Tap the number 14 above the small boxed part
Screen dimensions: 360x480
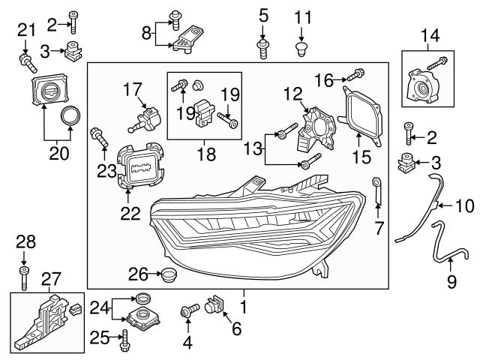(430, 34)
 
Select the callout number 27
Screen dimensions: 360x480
(49, 280)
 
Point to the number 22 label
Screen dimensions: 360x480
(130, 214)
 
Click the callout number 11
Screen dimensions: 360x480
(301, 16)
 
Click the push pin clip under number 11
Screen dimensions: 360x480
(301, 49)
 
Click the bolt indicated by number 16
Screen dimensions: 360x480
(356, 76)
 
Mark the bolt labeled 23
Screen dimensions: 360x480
(98, 138)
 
